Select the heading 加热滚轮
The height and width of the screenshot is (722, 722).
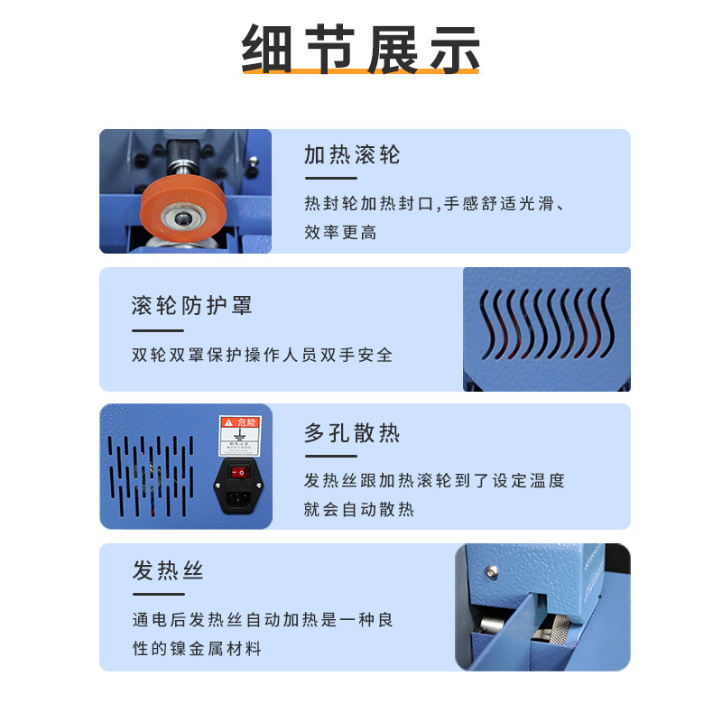click(x=352, y=155)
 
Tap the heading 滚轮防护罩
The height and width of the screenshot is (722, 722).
click(x=191, y=305)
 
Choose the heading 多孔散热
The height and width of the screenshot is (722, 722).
click(x=352, y=433)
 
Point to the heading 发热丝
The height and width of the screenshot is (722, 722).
click(x=168, y=571)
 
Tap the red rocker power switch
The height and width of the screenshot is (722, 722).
click(x=240, y=471)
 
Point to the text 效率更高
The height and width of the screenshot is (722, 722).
click(x=340, y=233)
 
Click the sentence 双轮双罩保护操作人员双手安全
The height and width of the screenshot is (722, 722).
click(x=263, y=355)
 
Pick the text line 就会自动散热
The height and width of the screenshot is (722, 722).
click(x=359, y=509)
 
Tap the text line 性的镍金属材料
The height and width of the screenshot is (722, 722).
click(x=197, y=649)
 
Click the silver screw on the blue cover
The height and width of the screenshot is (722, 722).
click(x=491, y=571)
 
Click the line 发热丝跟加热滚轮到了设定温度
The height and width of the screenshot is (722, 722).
click(x=434, y=481)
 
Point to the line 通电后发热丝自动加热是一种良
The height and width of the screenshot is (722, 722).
click(x=263, y=621)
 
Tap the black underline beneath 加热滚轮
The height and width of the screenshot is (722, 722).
click(x=330, y=178)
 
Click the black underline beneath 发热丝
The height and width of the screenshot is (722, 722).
click(x=158, y=594)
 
